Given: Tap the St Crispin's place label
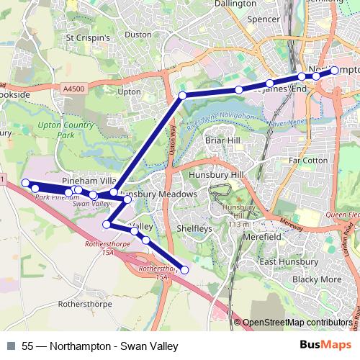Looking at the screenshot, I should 87,37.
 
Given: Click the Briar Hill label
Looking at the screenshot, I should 222,140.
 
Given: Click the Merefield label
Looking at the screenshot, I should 261,236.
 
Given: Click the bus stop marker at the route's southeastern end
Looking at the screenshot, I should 184,270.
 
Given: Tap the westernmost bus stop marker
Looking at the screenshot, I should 25,183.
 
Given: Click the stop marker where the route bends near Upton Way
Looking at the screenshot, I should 182,95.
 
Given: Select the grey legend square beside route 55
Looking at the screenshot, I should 11,346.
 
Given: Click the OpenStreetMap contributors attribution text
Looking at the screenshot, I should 297,323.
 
